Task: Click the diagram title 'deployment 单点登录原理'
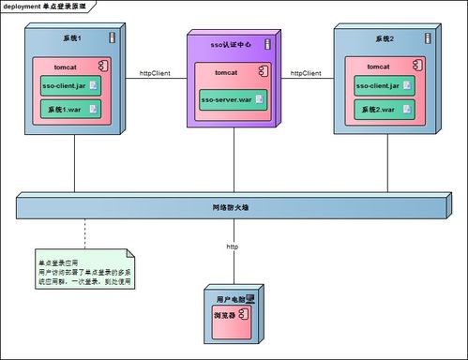[45, 6]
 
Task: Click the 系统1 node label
[72, 39]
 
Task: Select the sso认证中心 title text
[231, 46]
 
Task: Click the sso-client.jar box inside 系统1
[70, 86]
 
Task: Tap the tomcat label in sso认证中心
[226, 72]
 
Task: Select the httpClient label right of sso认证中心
[306, 72]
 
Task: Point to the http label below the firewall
[232, 246]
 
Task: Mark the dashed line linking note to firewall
[84, 234]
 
